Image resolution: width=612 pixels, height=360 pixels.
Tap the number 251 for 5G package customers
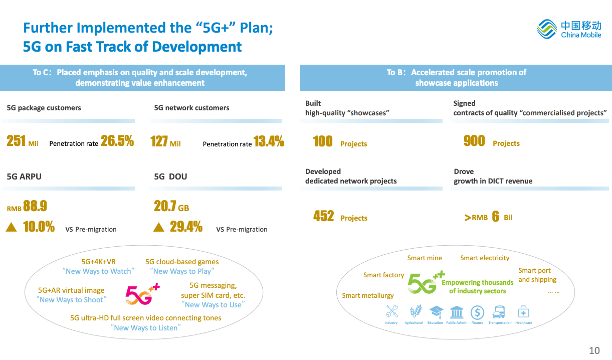tap(16, 141)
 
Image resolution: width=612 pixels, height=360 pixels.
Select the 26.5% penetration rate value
tap(117, 141)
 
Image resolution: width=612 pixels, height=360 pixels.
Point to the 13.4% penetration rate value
tap(269, 141)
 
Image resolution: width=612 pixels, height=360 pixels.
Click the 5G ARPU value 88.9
tap(35, 206)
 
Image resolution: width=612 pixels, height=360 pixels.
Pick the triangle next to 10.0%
tap(11, 228)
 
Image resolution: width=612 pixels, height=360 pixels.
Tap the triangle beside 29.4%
tap(158, 228)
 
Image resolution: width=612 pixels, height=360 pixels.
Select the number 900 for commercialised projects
tap(474, 141)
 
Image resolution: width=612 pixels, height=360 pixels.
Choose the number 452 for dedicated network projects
tap(323, 216)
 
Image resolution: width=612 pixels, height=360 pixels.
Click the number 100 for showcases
tap(323, 141)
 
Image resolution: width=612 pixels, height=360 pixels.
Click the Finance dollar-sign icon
tap(477, 312)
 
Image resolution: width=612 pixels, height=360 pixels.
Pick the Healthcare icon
tap(523, 312)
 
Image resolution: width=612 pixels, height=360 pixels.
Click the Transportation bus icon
tap(499, 312)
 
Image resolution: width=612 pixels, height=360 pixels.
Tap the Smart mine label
tap(425, 258)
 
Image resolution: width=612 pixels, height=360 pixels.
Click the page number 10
tap(594, 350)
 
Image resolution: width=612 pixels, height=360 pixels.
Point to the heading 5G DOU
tap(170, 176)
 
